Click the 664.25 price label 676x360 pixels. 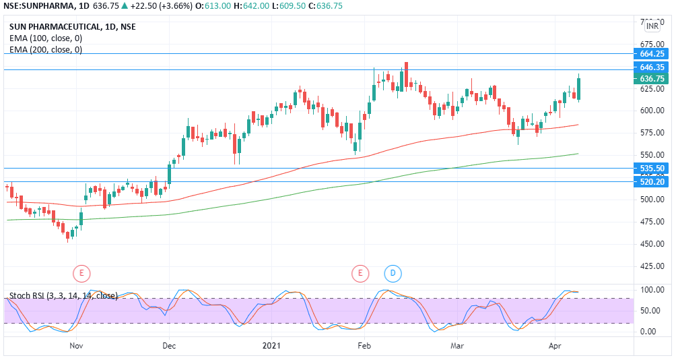point(652,54)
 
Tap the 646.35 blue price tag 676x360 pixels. point(652,67)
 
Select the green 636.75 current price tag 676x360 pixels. point(652,79)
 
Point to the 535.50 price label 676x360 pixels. point(652,168)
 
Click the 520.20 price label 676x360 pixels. point(652,181)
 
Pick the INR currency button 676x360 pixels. point(652,26)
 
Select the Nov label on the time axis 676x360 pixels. point(76,345)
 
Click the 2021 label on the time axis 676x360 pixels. point(271,345)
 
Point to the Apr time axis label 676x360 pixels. point(556,345)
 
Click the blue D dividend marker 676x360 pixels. point(393,273)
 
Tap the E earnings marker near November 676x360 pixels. point(81,273)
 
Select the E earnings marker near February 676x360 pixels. point(360,273)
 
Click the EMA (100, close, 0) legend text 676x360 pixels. point(46,38)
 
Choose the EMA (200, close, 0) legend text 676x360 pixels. point(46,49)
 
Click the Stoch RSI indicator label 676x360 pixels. point(63,295)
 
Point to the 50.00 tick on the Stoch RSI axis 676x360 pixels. point(648,311)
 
